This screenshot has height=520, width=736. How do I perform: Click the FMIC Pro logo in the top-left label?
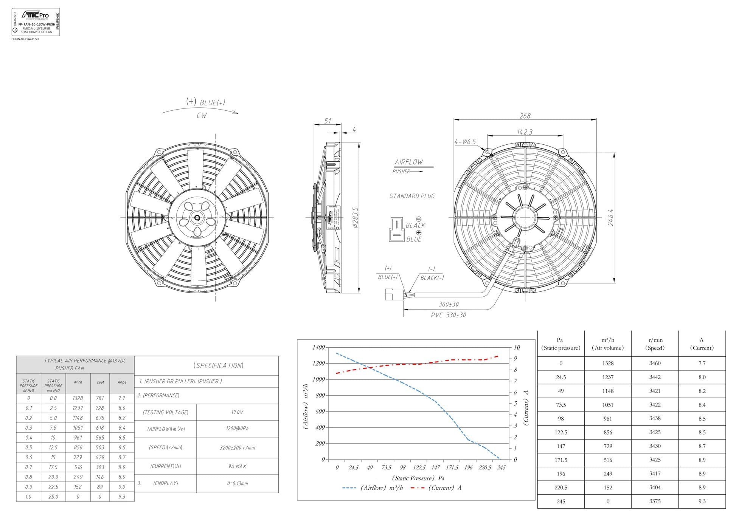pyautogui.click(x=35, y=15)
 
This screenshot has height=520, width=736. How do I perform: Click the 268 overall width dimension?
pyautogui.click(x=525, y=116)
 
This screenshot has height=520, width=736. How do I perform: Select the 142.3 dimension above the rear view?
pyautogui.click(x=525, y=132)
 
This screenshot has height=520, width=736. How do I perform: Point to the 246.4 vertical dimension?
pyautogui.click(x=610, y=218)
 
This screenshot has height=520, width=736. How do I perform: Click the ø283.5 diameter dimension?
pyautogui.click(x=355, y=218)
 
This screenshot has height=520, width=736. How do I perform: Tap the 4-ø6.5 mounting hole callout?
pyautogui.click(x=465, y=142)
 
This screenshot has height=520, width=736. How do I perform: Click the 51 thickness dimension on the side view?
pyautogui.click(x=328, y=121)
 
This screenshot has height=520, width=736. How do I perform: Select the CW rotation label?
pyautogui.click(x=202, y=116)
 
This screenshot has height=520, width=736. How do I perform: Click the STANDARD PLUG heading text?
pyautogui.click(x=412, y=196)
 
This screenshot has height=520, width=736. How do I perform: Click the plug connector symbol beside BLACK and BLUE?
pyautogui.click(x=396, y=229)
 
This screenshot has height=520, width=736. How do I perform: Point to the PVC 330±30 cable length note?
pyautogui.click(x=448, y=315)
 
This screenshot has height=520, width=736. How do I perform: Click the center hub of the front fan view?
pyautogui.click(x=197, y=218)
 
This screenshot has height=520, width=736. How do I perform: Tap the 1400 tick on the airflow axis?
pyautogui.click(x=318, y=347)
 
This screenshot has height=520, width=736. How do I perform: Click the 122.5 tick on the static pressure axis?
pyautogui.click(x=419, y=467)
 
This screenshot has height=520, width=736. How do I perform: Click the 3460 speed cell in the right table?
pyautogui.click(x=655, y=363)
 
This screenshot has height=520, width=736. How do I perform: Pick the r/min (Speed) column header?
pyautogui.click(x=655, y=344)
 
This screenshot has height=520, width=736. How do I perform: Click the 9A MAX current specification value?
pyautogui.click(x=237, y=466)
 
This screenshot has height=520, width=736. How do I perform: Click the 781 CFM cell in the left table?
pyautogui.click(x=100, y=398)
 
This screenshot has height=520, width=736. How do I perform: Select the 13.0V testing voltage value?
pyautogui.click(x=237, y=412)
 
